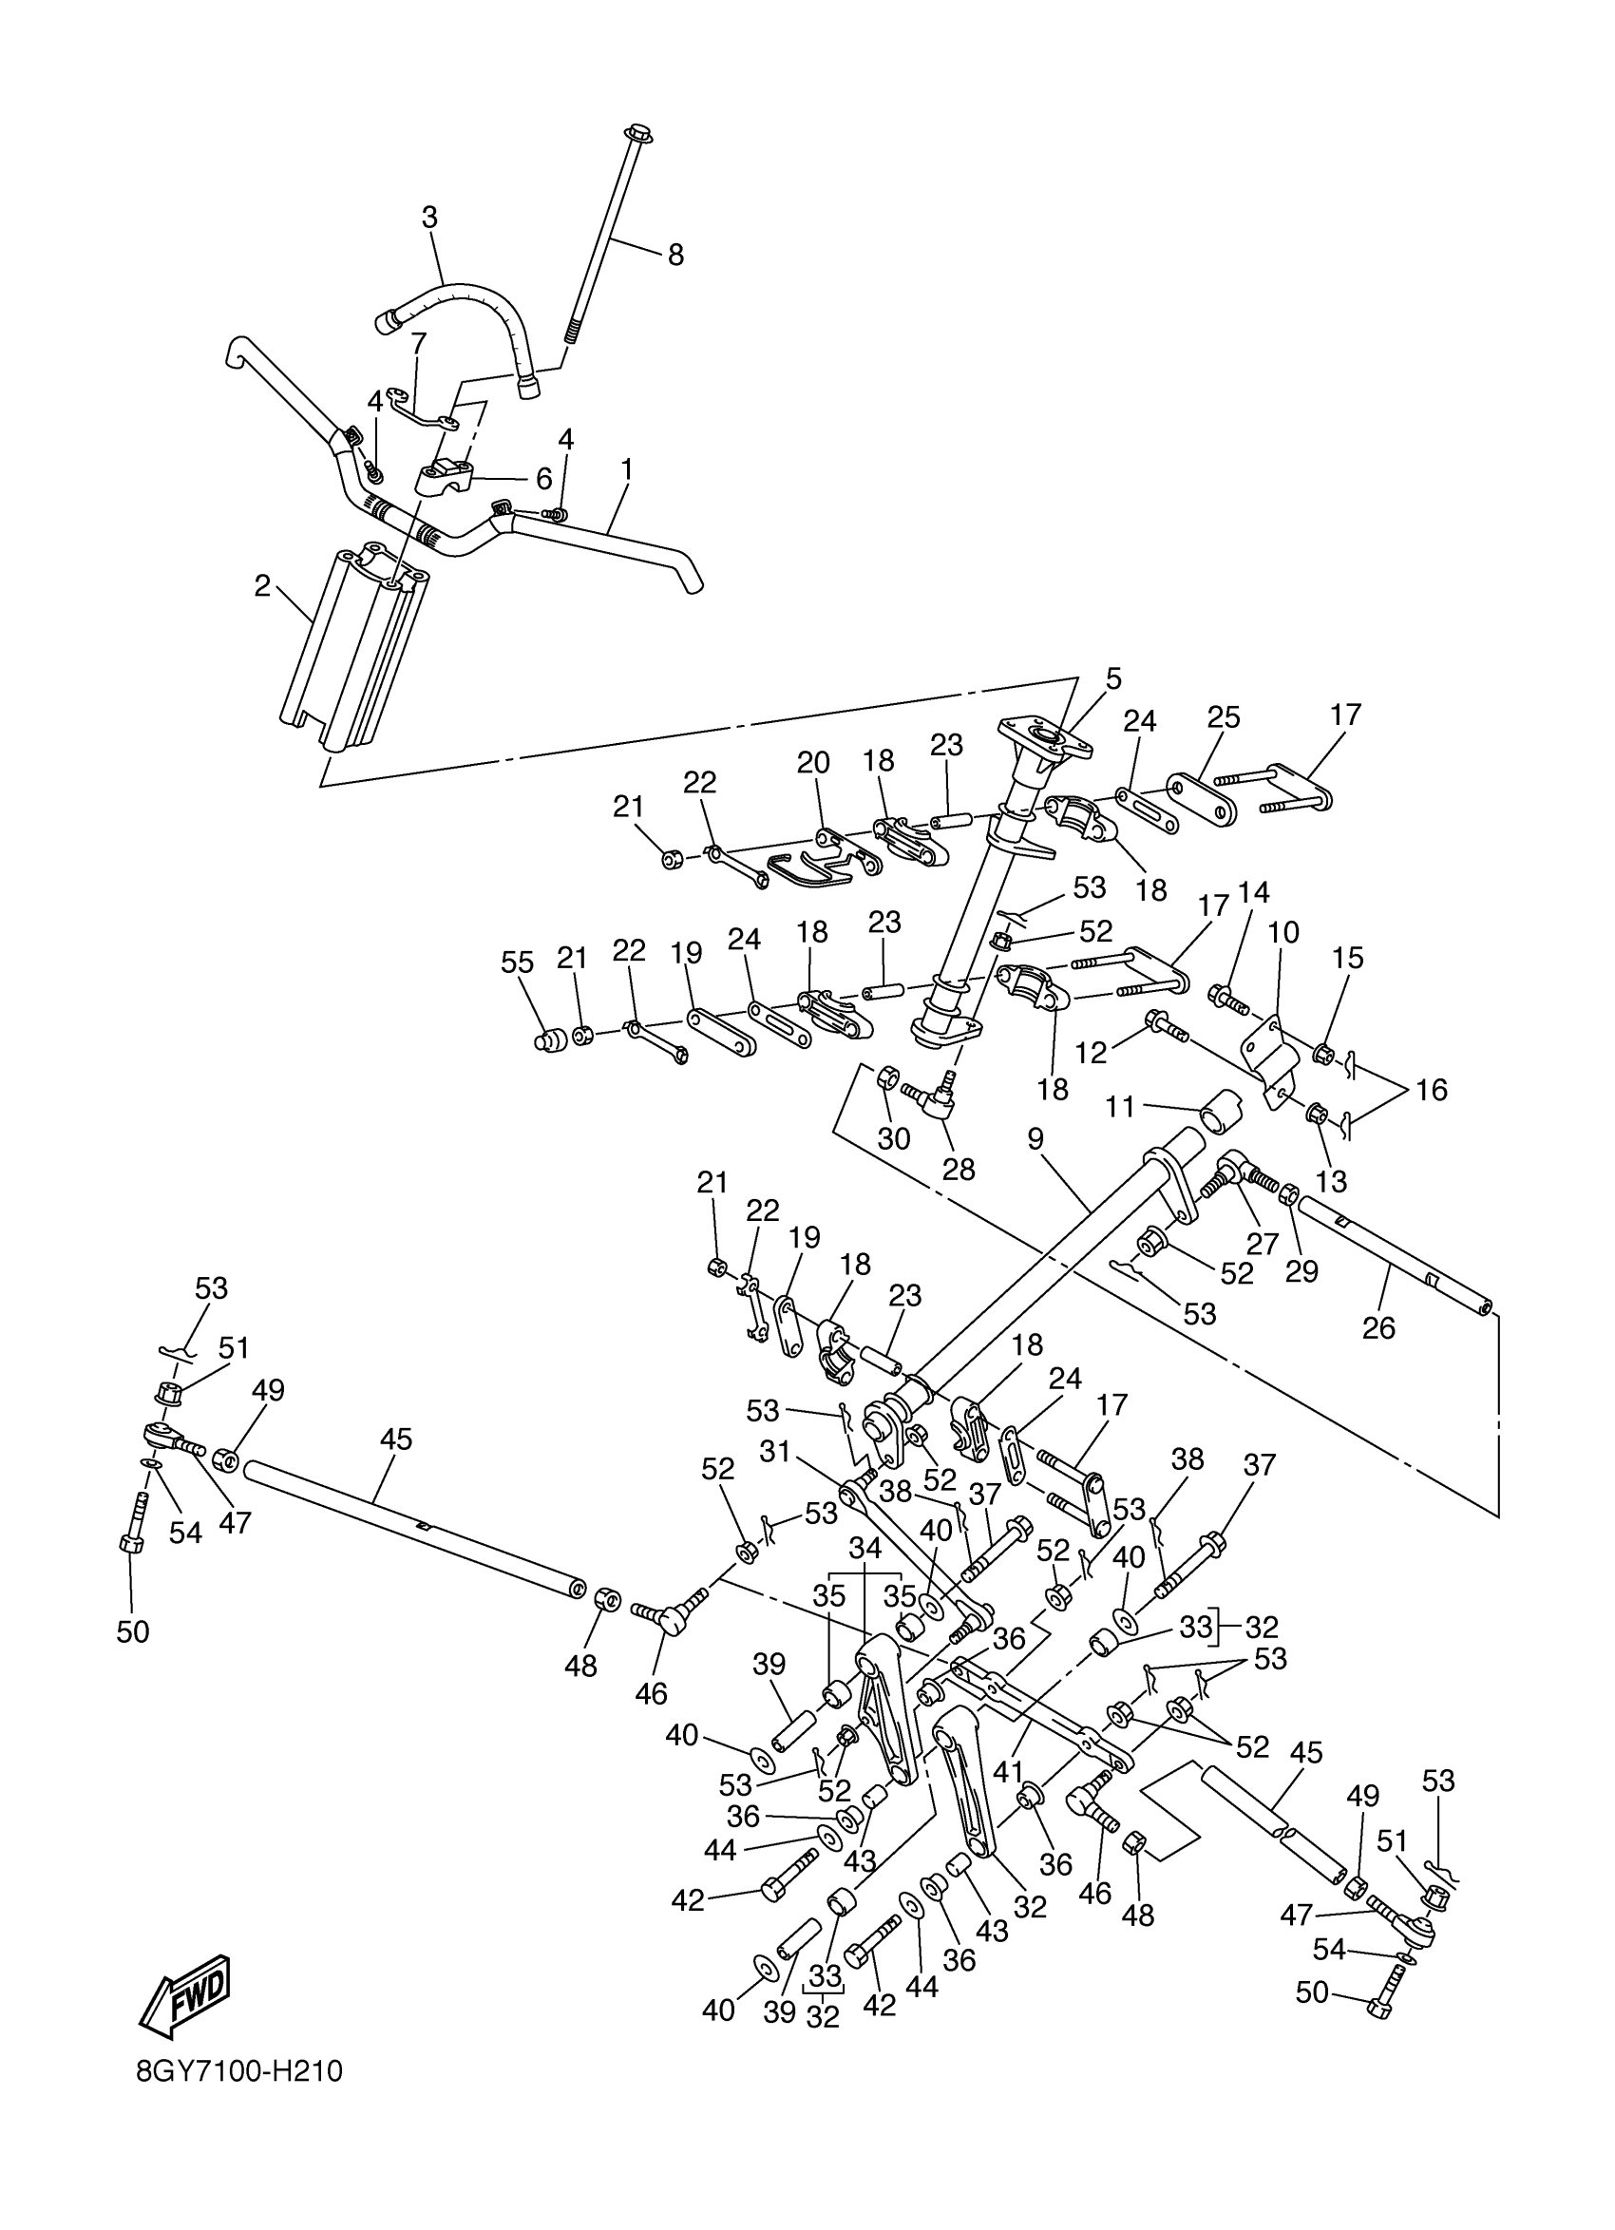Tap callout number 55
(517, 963)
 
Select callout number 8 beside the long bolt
(675, 256)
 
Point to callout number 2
(261, 587)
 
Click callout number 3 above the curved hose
(429, 218)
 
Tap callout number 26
(1378, 1327)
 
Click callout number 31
(775, 1452)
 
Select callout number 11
(1120, 1107)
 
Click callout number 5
(1112, 678)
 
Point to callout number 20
(813, 762)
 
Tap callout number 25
(1224, 716)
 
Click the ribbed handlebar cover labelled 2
(353, 649)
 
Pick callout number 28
(959, 1169)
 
